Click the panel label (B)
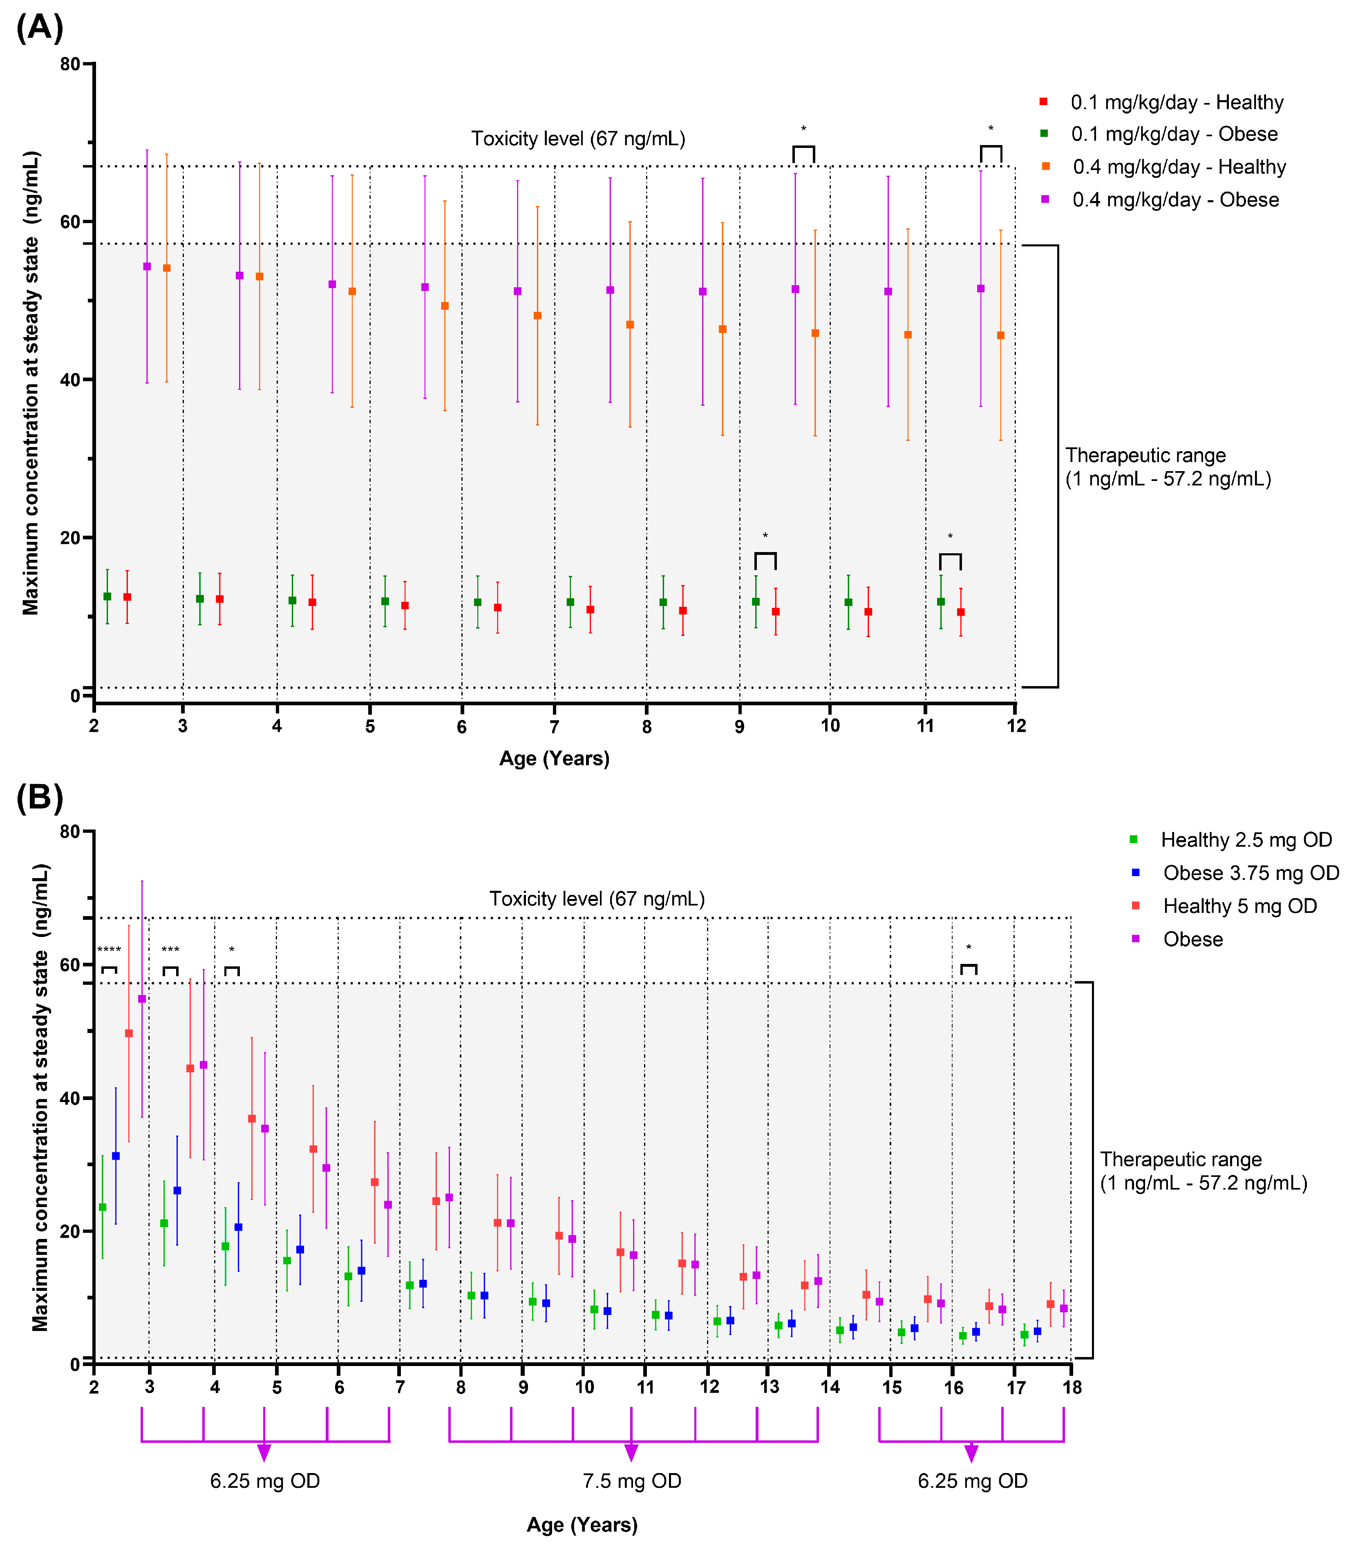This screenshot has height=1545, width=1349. click(39, 797)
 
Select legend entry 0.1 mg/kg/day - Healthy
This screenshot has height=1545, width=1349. click(1177, 102)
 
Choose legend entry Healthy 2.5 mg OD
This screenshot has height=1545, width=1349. click(1246, 840)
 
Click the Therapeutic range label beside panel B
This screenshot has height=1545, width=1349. click(1203, 1171)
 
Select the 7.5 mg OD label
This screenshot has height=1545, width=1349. click(632, 1481)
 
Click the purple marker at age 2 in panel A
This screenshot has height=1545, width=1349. click(147, 266)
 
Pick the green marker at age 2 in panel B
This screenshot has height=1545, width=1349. click(103, 1207)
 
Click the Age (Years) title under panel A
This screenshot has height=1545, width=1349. click(554, 758)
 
